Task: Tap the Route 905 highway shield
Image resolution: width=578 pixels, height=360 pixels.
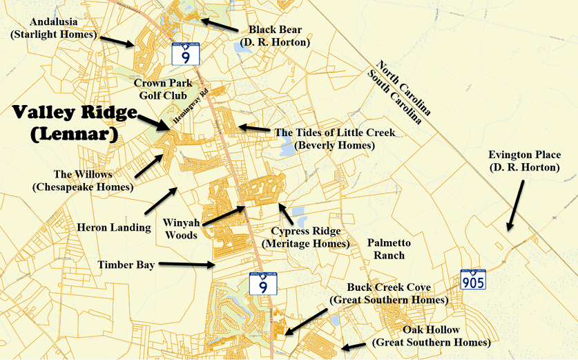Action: pos(474,278)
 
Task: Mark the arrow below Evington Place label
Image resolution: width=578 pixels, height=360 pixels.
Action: pos(516,206)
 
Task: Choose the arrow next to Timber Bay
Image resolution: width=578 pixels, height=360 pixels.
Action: pos(194,264)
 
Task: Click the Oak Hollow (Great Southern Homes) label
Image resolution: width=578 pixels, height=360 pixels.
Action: pos(431,337)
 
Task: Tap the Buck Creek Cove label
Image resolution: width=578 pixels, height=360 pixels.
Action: pos(389,293)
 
